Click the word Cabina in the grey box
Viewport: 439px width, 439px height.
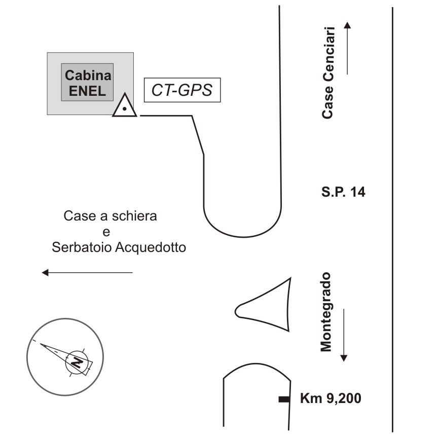[x=88, y=76]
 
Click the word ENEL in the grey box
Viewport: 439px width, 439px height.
[x=88, y=91]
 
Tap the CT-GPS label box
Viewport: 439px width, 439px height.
[x=182, y=91]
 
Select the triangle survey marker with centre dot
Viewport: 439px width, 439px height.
[x=125, y=106]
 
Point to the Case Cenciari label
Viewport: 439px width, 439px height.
[x=328, y=72]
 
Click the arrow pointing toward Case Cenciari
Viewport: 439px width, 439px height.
[x=347, y=48]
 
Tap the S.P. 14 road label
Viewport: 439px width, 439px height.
[x=343, y=192]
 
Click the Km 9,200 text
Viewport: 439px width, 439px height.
[x=331, y=398]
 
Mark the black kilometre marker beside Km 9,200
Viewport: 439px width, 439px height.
[x=284, y=400]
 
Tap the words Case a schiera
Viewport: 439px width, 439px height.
[x=111, y=216]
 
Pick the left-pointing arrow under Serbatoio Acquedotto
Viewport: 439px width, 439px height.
[x=87, y=273]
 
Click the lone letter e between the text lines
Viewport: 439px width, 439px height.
[x=106, y=232]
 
